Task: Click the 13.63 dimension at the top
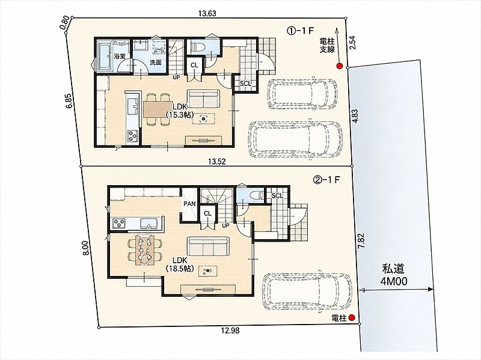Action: (x=207, y=13)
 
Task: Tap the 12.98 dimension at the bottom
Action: (x=230, y=331)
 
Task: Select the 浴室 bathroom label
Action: (x=119, y=56)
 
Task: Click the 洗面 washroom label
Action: (x=156, y=62)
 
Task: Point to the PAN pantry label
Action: (x=189, y=204)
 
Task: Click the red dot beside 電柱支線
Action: (x=339, y=66)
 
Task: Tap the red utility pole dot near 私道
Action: (x=352, y=318)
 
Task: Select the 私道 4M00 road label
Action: (x=394, y=275)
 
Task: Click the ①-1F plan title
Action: (x=300, y=31)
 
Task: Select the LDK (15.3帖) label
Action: (x=179, y=111)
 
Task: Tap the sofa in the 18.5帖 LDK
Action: (x=208, y=246)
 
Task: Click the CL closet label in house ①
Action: (x=194, y=66)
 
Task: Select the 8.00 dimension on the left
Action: (x=86, y=248)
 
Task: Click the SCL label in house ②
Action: (x=277, y=195)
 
